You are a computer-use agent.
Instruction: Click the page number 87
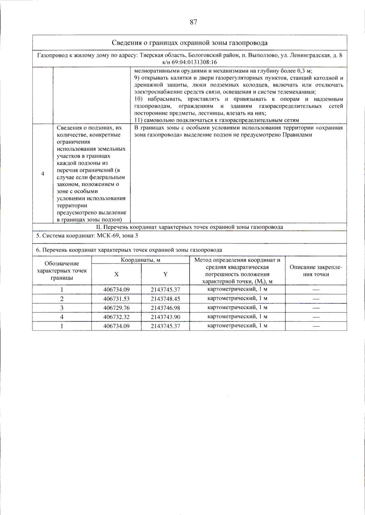(193, 22)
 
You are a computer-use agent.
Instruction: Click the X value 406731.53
(116, 299)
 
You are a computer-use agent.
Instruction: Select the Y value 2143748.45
(165, 299)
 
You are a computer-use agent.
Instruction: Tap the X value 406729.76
(116, 308)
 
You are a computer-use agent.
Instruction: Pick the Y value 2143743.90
(165, 317)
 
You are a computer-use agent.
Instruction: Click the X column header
(116, 274)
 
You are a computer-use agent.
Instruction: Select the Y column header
(165, 274)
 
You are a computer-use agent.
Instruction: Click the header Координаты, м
(141, 260)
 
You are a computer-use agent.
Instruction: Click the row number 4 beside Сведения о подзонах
(43, 174)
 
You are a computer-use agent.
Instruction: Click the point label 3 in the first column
(62, 308)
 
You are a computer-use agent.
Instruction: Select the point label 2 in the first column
(62, 299)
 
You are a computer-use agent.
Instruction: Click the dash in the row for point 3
(316, 308)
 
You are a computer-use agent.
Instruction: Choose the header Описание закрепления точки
(316, 271)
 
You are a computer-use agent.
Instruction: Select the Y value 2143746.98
(165, 308)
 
